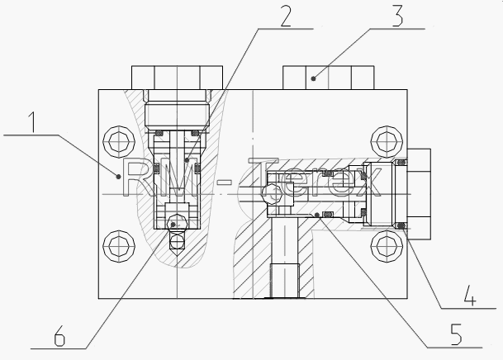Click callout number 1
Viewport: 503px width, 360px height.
point(31,122)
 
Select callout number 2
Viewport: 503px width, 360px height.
point(286,16)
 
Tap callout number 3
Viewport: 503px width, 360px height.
point(397,16)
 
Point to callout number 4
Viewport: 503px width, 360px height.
point(470,295)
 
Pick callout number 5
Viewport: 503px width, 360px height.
point(456,334)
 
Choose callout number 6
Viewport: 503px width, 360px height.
point(59,335)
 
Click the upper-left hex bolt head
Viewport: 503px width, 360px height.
point(119,140)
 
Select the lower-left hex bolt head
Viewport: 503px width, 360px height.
point(119,246)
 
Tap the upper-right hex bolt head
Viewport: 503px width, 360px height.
point(387,140)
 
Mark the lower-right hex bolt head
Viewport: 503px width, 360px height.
point(387,246)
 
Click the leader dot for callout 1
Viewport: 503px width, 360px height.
point(118,177)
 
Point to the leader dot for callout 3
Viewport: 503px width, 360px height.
point(313,78)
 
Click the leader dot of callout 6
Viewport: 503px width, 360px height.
point(173,225)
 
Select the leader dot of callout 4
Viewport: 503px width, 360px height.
point(401,226)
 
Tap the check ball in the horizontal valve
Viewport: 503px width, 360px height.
point(271,194)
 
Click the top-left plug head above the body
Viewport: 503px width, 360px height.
point(177,78)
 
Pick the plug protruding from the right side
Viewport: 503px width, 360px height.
point(419,194)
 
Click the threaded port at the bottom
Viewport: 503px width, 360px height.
point(285,281)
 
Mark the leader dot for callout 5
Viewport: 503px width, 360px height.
point(317,215)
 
